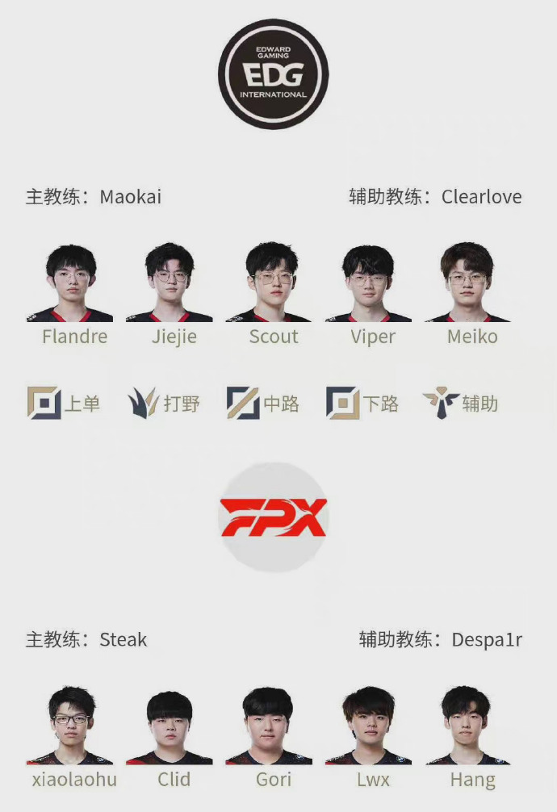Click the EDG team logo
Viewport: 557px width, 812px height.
[273, 73]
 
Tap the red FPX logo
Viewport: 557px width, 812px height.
[273, 517]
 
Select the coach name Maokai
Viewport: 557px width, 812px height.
[131, 197]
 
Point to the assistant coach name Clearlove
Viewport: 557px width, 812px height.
[481, 197]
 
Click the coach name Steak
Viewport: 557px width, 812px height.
[124, 639]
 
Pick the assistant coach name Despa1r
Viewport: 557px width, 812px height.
[487, 640]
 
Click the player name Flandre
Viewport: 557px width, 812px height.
[74, 337]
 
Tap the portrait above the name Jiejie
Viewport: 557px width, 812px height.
[170, 283]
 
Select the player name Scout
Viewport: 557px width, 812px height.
[274, 337]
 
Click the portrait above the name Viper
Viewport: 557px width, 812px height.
[368, 283]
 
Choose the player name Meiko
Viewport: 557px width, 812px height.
[472, 337]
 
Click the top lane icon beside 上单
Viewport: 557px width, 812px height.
[44, 403]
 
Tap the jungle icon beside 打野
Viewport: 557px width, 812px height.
[143, 403]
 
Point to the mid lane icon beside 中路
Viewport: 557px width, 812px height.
[242, 403]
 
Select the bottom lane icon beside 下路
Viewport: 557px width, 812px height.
[342, 403]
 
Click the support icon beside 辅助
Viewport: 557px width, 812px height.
[441, 403]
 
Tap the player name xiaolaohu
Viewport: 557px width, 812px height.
[74, 780]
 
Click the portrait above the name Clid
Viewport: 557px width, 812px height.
[170, 727]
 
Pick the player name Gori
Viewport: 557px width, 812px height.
[274, 780]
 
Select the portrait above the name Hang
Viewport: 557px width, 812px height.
[468, 726]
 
